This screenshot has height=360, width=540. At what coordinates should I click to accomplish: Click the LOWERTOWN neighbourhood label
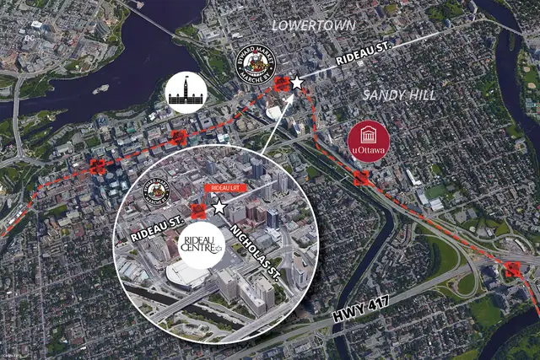coord(313,25)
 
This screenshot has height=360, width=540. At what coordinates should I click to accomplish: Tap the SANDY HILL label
coord(400,95)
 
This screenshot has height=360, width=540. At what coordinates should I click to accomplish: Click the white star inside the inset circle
coord(219,207)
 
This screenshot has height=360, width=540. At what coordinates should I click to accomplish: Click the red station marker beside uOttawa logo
coord(362,178)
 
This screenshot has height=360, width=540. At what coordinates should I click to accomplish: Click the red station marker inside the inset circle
coord(199,211)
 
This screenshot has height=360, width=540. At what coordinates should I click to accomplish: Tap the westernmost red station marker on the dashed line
coord(97,166)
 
